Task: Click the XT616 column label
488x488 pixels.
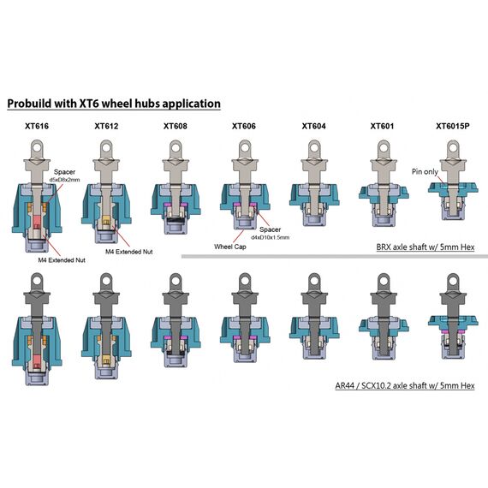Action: pos(37,126)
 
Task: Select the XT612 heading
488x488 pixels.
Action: pos(106,126)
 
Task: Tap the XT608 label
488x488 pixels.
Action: pos(176,126)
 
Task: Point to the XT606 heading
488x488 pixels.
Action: pos(244,126)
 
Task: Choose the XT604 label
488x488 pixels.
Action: pos(313,126)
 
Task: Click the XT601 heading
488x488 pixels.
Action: pos(382,126)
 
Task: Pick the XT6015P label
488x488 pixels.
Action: pos(453,126)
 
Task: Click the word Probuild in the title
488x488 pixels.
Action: pos(30,104)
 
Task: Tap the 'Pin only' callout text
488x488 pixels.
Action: pos(425,171)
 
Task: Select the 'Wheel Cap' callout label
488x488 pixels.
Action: pos(230,247)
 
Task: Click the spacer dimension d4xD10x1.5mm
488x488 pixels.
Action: pos(271,237)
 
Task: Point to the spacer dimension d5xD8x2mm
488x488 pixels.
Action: pos(64,180)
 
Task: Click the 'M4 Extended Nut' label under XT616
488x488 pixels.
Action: pos(62,260)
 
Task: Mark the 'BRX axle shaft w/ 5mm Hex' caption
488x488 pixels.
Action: pos(426,247)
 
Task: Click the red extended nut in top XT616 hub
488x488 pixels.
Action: pos(37,221)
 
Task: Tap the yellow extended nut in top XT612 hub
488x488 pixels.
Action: pos(106,220)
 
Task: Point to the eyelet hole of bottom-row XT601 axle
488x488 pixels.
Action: pos(384,280)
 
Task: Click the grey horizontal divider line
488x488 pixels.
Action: pos(335,257)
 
